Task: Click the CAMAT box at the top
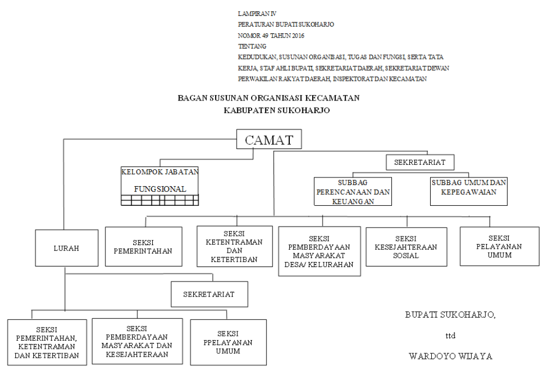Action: pyautogui.click(x=269, y=139)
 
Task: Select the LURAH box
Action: pyautogui.click(x=67, y=248)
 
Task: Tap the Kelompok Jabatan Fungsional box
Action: pyautogui.click(x=160, y=186)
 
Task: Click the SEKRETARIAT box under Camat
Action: pyautogui.click(x=420, y=163)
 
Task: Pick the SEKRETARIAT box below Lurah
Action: pyautogui.click(x=210, y=294)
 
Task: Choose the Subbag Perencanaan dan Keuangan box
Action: pyautogui.click(x=353, y=191)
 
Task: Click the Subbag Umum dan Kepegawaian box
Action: pyautogui.click(x=469, y=191)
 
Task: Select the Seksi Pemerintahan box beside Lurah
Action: pyautogui.click(x=144, y=246)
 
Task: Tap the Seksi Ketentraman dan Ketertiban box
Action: pyautogui.click(x=235, y=246)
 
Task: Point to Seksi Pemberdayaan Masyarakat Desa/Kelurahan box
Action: pyautogui.click(x=319, y=251)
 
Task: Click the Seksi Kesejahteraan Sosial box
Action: pyautogui.click(x=406, y=247)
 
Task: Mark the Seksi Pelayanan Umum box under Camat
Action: pyautogui.click(x=499, y=246)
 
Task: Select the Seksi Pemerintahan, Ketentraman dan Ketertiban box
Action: pyautogui.click(x=47, y=342)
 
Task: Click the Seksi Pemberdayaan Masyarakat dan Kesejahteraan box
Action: pyautogui.click(x=138, y=341)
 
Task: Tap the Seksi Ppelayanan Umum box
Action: pyautogui.click(x=228, y=342)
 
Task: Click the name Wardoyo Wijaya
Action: pyautogui.click(x=450, y=356)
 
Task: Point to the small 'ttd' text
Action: pyautogui.click(x=450, y=335)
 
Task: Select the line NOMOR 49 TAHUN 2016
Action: pyautogui.click(x=271, y=35)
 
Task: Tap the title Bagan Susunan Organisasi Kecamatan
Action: pyautogui.click(x=269, y=98)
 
